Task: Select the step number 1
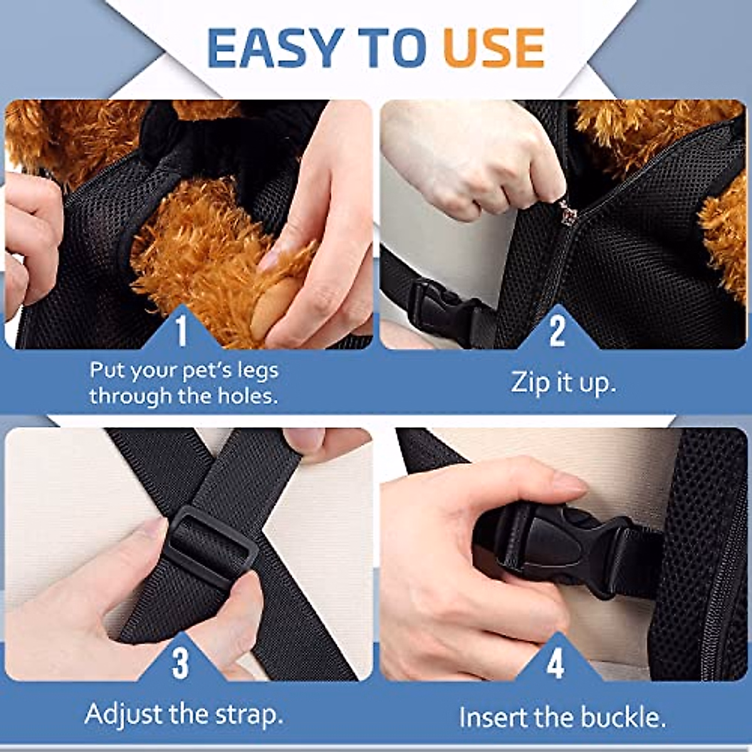[181, 331]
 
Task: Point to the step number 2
[557, 330]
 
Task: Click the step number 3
[180, 663]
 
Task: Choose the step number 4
[556, 663]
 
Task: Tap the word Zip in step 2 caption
[530, 382]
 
